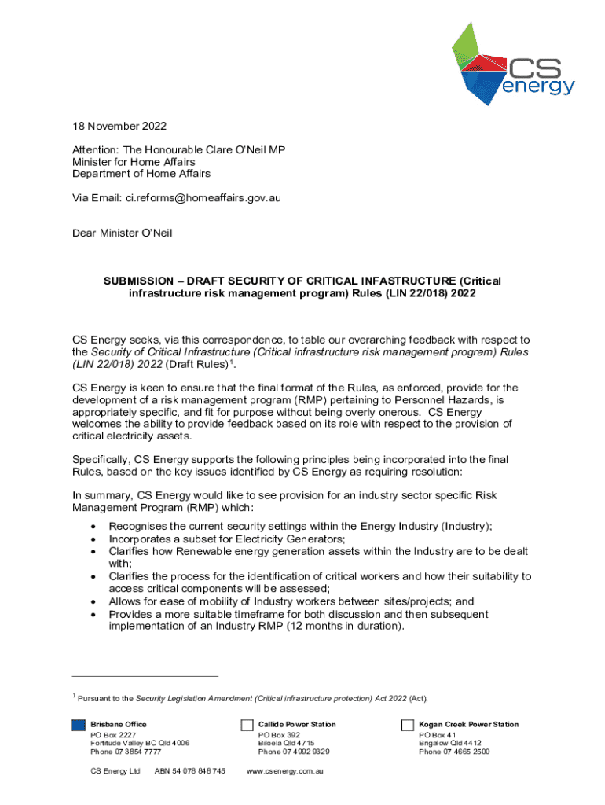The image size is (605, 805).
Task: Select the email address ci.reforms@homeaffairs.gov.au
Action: coord(203,198)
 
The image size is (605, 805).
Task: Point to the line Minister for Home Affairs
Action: coord(134,162)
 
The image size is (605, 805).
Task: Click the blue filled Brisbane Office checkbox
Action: coord(78,725)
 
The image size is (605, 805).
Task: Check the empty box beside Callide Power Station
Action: coord(246,725)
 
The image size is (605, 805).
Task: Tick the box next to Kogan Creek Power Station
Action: coord(407,725)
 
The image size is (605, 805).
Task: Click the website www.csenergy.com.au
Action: coord(285,771)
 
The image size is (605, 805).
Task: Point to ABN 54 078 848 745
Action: coord(190,771)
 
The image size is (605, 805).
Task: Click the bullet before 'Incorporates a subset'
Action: coord(95,539)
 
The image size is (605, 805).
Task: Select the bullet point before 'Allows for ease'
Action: coord(95,602)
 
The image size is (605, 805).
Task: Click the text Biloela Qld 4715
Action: coord(286,743)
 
